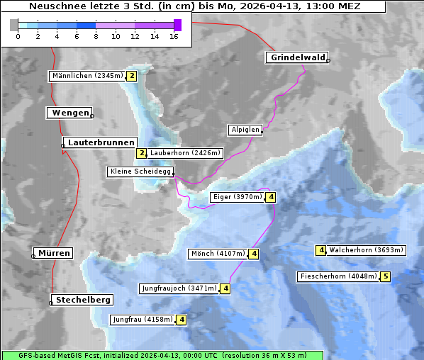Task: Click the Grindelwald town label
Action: pyautogui.click(x=298, y=57)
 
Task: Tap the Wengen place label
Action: pyautogui.click(x=69, y=113)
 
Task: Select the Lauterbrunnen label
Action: pyautogui.click(x=101, y=142)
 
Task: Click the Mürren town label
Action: pyautogui.click(x=54, y=253)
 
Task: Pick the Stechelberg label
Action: pyautogui.click(x=83, y=300)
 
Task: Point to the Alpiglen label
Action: pyautogui.click(x=245, y=130)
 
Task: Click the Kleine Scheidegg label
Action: pyautogui.click(x=140, y=171)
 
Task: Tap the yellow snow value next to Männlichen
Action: pyautogui.click(x=131, y=76)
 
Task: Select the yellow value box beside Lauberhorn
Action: pyautogui.click(x=141, y=153)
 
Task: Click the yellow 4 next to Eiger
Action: pyautogui.click(x=271, y=197)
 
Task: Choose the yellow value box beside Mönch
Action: pyautogui.click(x=254, y=254)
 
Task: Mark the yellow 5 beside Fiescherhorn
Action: pyautogui.click(x=385, y=276)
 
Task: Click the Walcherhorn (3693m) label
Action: pyautogui.click(x=366, y=250)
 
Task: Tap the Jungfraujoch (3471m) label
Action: pyautogui.click(x=179, y=288)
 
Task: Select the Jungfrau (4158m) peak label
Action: pyautogui.click(x=143, y=320)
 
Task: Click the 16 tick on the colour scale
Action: pyautogui.click(x=174, y=35)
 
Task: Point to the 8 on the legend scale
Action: pyautogui.click(x=96, y=35)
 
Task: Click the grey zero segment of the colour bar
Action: pyautogui.click(x=13, y=25)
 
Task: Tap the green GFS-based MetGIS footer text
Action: pyautogui.click(x=162, y=355)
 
